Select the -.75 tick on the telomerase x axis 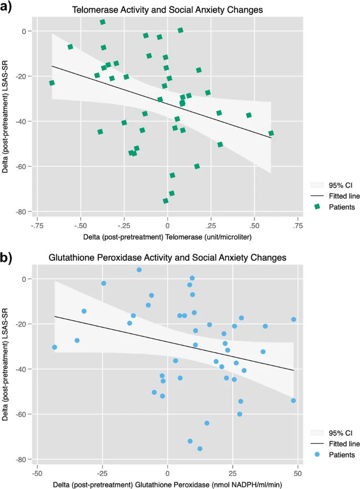click(37, 226)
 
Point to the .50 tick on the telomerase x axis click(254, 226)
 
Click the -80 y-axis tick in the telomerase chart click(22, 211)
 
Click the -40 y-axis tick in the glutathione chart click(22, 369)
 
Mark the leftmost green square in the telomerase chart click(52, 83)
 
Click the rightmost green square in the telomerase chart click(271, 134)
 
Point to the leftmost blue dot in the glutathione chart click(55, 347)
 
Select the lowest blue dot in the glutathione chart click(200, 449)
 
